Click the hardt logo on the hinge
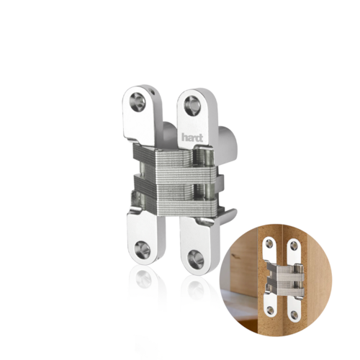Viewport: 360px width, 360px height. (x=192, y=138)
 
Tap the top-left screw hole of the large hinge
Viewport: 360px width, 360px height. (x=138, y=102)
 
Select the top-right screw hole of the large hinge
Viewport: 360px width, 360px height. (x=192, y=104)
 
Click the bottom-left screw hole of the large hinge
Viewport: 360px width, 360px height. (x=143, y=250)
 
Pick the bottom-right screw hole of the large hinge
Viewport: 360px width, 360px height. (x=196, y=259)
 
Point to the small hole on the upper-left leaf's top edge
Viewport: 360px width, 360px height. (x=151, y=90)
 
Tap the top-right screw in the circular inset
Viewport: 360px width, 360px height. (x=293, y=245)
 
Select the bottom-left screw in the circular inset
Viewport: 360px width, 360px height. (x=270, y=310)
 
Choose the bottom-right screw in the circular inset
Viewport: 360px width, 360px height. (x=294, y=312)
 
